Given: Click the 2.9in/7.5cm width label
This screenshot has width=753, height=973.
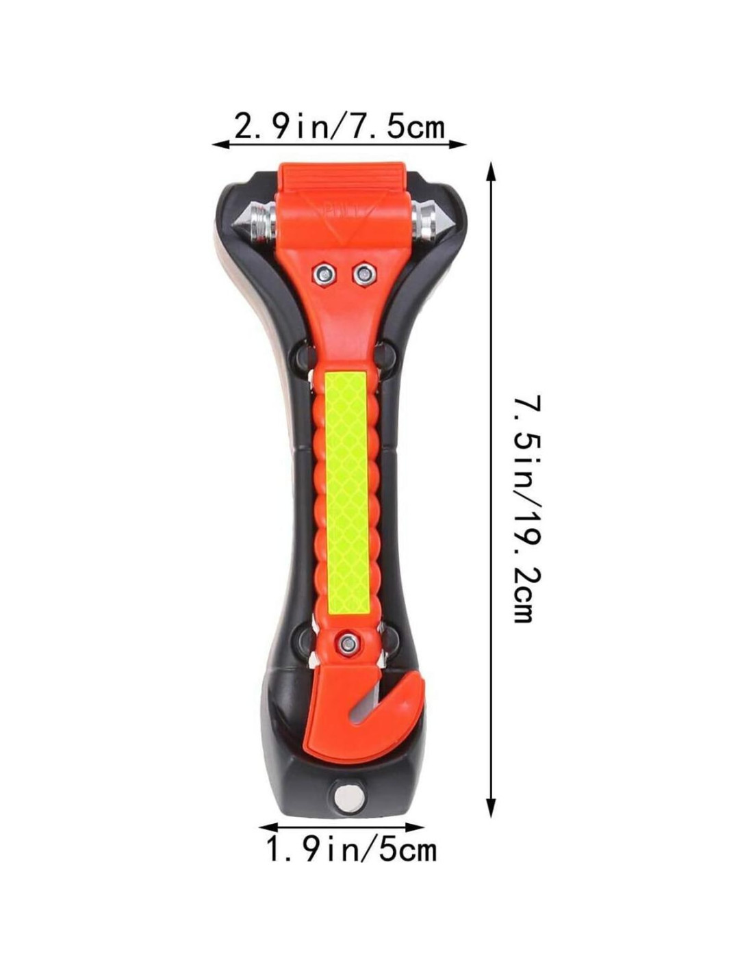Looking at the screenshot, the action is pyautogui.click(x=339, y=128).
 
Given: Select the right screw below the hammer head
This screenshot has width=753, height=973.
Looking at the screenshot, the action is pyautogui.click(x=363, y=274).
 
